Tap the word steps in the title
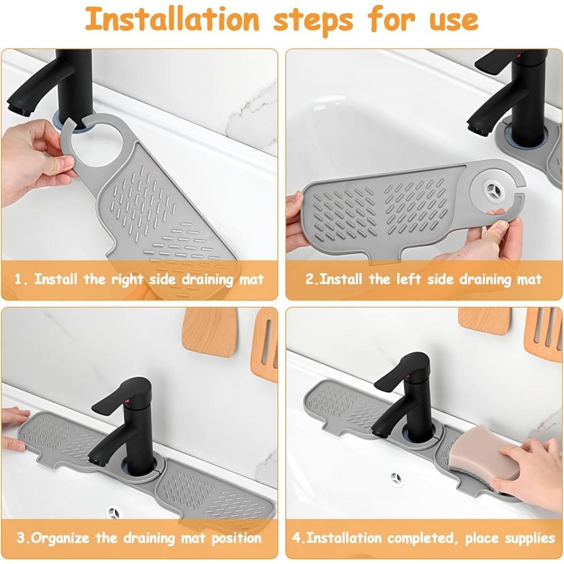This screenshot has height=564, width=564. click(313, 20)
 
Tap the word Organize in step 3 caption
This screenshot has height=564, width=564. click(60, 539)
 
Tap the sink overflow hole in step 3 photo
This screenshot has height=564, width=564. click(114, 512)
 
